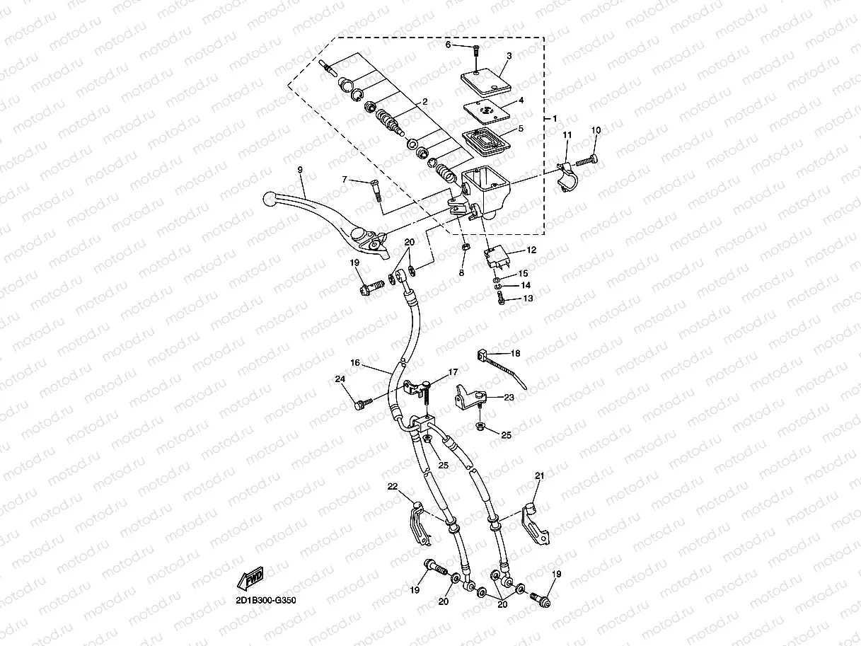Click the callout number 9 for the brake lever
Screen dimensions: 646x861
coord(299,170)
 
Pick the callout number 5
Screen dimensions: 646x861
coord(521,129)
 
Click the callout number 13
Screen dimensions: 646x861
coord(528,299)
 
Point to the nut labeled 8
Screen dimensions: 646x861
coord(465,248)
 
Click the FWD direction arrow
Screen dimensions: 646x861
coord(253,580)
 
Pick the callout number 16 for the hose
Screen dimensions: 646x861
coord(355,363)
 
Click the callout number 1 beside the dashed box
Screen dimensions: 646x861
coord(555,117)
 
